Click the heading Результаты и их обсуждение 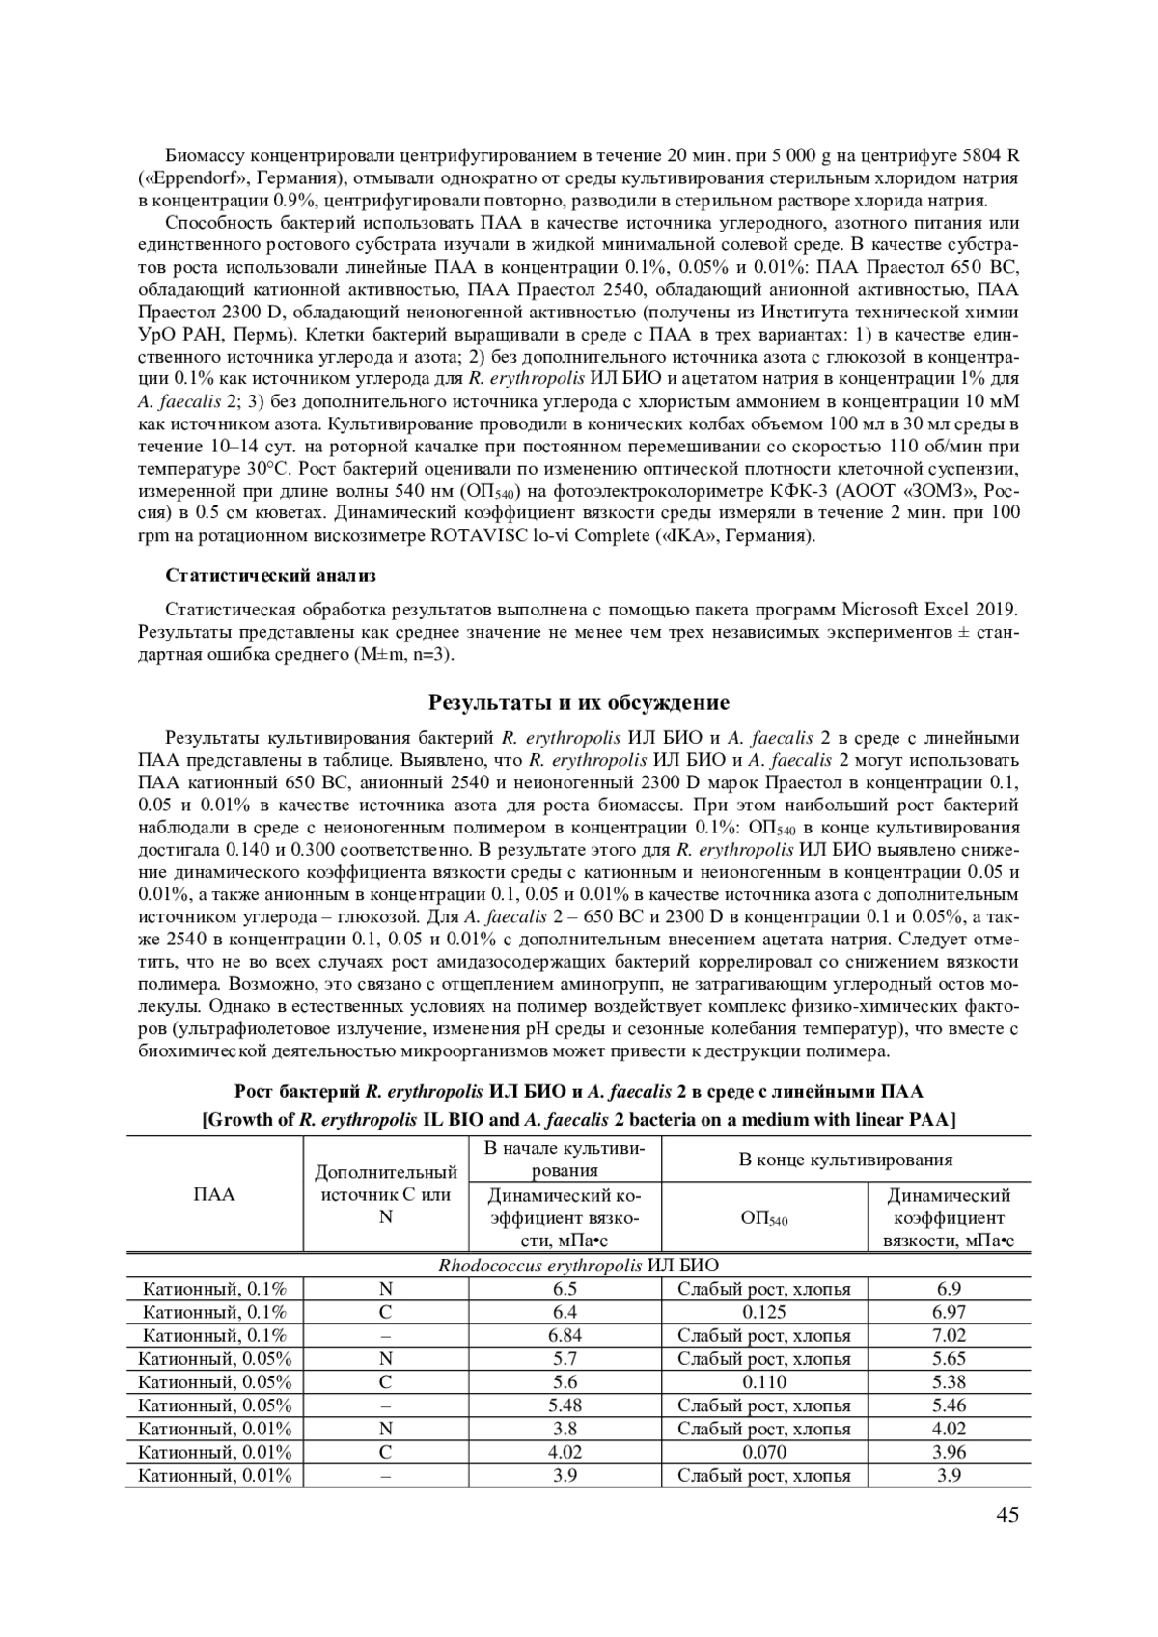[579, 701]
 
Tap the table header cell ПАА [214, 1194]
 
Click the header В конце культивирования [845, 1160]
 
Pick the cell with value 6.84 [565, 1335]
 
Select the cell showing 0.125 [764, 1312]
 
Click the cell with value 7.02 [949, 1335]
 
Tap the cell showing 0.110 [764, 1381]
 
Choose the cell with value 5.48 [565, 1405]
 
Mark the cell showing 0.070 [764, 1452]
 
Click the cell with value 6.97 [949, 1312]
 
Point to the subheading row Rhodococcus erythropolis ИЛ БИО [578, 1265]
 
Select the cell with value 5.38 [949, 1381]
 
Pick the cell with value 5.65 [949, 1358]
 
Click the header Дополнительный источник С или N [385, 1194]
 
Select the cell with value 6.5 [565, 1289]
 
